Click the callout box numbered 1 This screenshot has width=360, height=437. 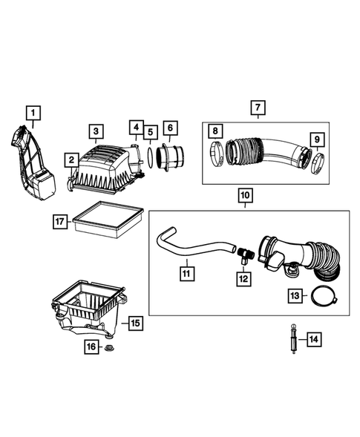click(33, 113)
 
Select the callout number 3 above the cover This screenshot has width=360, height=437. click(96, 132)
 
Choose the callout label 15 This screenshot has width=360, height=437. click(134, 323)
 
